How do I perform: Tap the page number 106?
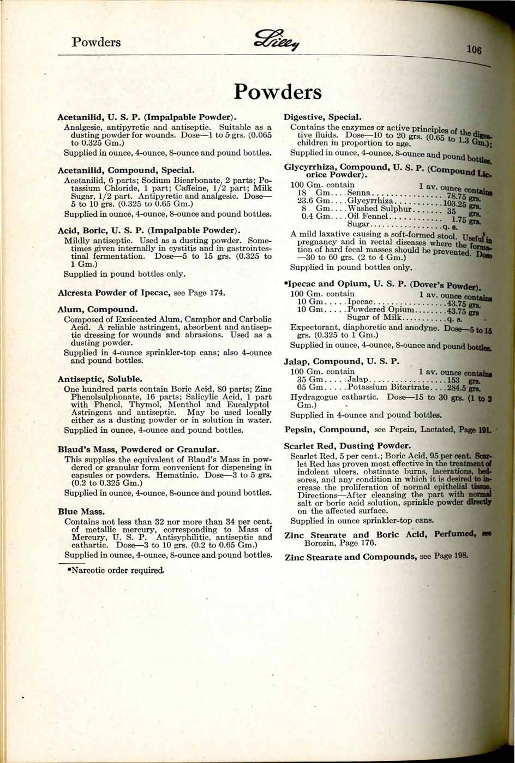point(476,50)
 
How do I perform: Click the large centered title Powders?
point(278,92)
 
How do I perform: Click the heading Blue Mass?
point(81,512)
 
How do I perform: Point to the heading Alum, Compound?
point(98,309)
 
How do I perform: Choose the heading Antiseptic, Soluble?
point(100,378)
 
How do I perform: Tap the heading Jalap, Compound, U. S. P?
point(342,361)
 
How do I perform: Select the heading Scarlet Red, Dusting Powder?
point(348,446)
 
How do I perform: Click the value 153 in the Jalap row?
point(454,380)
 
